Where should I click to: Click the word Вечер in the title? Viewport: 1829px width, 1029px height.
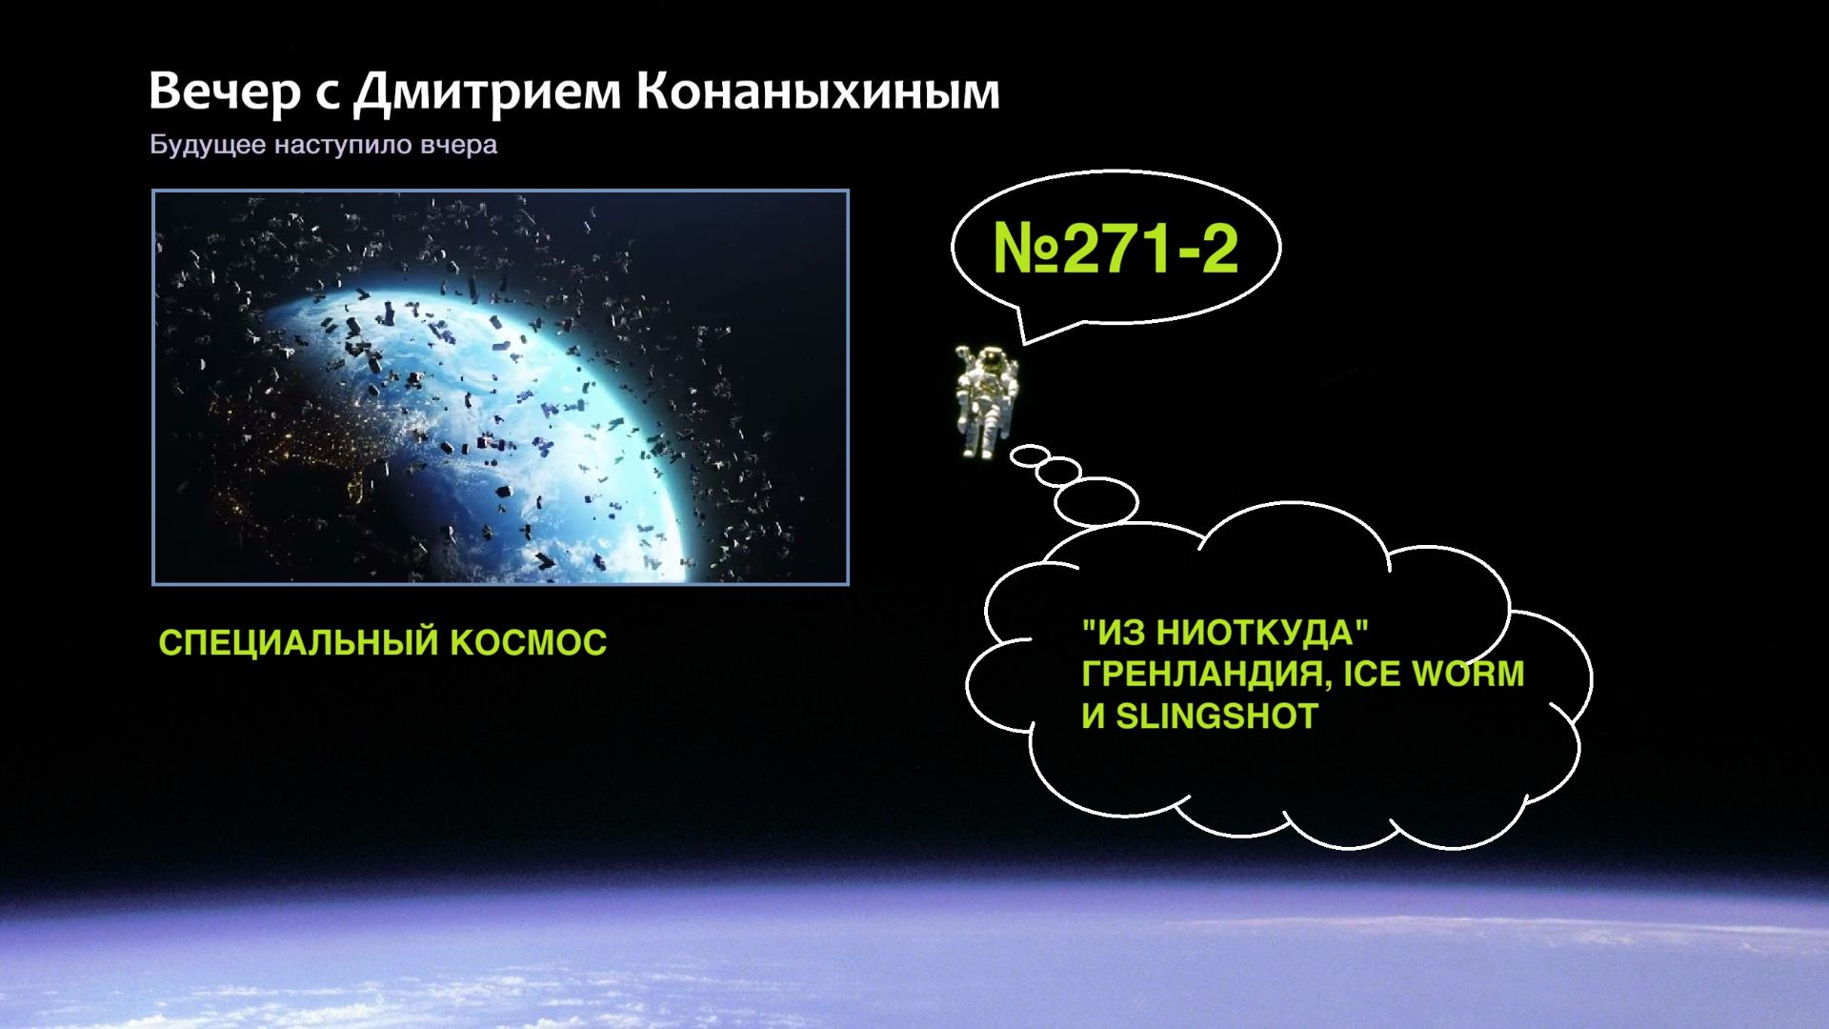tap(224, 92)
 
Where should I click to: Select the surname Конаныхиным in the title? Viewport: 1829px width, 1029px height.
tap(817, 92)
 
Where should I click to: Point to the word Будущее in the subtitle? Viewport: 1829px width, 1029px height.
tap(208, 146)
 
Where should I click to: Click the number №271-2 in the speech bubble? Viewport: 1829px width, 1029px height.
tap(1115, 248)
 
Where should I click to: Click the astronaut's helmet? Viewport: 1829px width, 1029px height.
tap(992, 360)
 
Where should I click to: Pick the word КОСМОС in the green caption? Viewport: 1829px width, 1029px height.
tap(528, 643)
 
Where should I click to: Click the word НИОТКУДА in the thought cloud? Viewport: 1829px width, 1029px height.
tap(1233, 633)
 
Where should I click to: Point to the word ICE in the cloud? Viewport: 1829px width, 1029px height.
tap(1372, 675)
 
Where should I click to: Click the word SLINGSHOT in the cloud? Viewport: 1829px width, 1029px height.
tap(1216, 716)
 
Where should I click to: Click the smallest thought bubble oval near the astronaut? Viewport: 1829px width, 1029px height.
tap(1030, 455)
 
